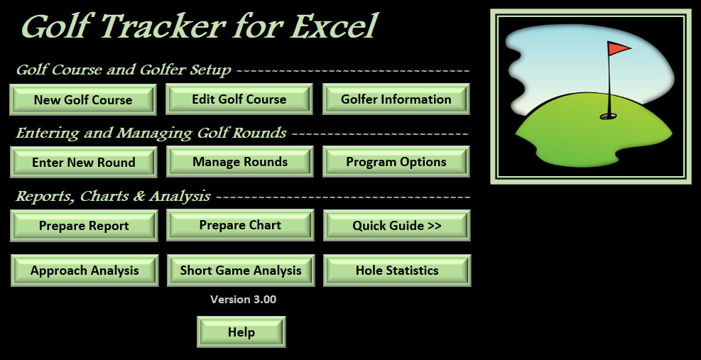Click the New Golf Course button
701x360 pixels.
pyautogui.click(x=82, y=99)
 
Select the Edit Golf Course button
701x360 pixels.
pyautogui.click(x=239, y=99)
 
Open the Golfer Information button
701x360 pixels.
pyautogui.click(x=396, y=99)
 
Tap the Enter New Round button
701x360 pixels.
pyautogui.click(x=84, y=163)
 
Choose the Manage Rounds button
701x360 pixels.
pyautogui.click(x=240, y=161)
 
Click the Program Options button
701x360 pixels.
pyautogui.click(x=396, y=161)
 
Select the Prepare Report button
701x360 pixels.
pyautogui.click(x=84, y=226)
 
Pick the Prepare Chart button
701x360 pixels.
pyautogui.click(x=241, y=225)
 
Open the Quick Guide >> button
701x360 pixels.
pyautogui.click(x=397, y=225)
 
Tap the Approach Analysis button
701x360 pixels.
pyautogui.click(x=85, y=271)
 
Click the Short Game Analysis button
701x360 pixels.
pyautogui.click(x=241, y=271)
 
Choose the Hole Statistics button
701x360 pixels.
pyautogui.click(x=397, y=271)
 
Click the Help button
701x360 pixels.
pyautogui.click(x=241, y=332)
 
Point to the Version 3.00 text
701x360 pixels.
pyautogui.click(x=243, y=299)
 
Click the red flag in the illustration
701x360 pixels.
pyautogui.click(x=619, y=48)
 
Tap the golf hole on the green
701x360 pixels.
pyautogui.click(x=608, y=116)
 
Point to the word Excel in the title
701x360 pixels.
pyautogui.click(x=332, y=26)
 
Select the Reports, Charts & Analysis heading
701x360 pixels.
pyautogui.click(x=113, y=196)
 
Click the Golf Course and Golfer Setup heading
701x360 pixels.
pyautogui.click(x=124, y=70)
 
